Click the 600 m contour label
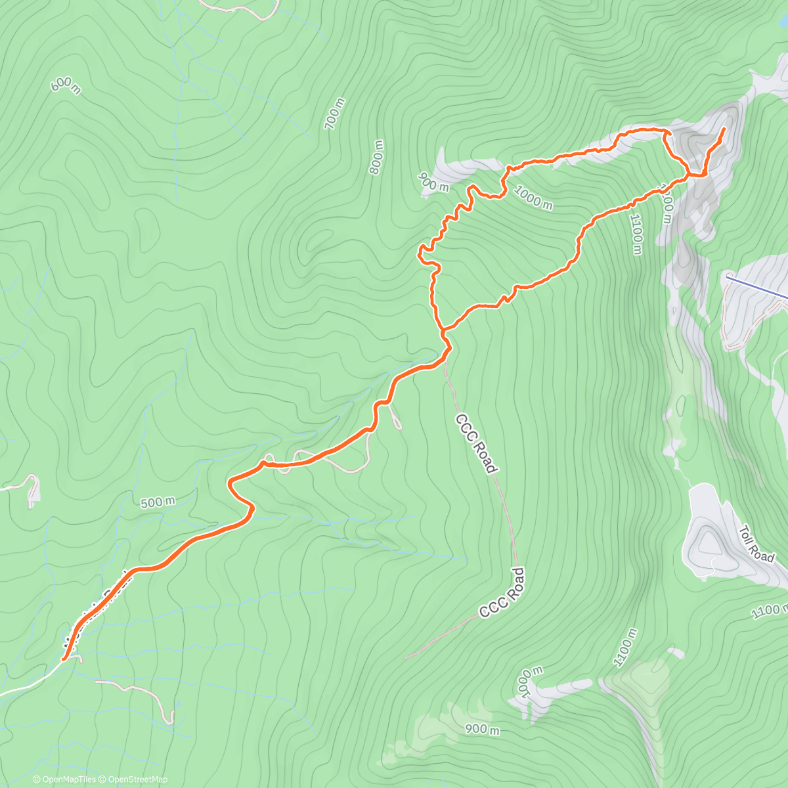pos(66,85)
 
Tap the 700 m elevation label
pos(334,113)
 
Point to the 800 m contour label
pos(376,158)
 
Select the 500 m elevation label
pos(158,502)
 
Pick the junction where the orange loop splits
pos(441,329)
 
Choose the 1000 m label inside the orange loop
pos(533,198)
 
